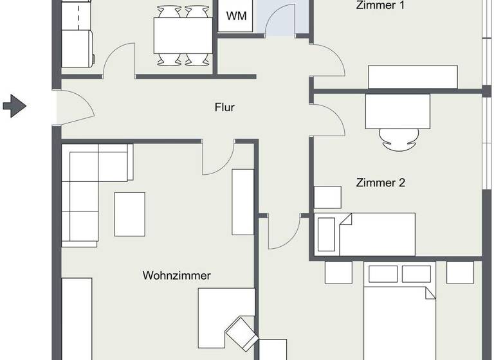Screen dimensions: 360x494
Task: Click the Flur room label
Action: [224, 107]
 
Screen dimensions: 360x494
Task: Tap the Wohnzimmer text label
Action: [176, 276]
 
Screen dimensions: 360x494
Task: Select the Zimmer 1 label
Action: [380, 6]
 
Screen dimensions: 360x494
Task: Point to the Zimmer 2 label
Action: [380, 183]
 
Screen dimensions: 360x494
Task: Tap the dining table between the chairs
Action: [183, 36]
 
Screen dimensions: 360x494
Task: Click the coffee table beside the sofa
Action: [130, 214]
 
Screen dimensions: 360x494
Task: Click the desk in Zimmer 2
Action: [398, 112]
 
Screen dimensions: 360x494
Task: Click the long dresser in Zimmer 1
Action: [412, 77]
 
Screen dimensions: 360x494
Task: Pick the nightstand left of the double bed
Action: [338, 272]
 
